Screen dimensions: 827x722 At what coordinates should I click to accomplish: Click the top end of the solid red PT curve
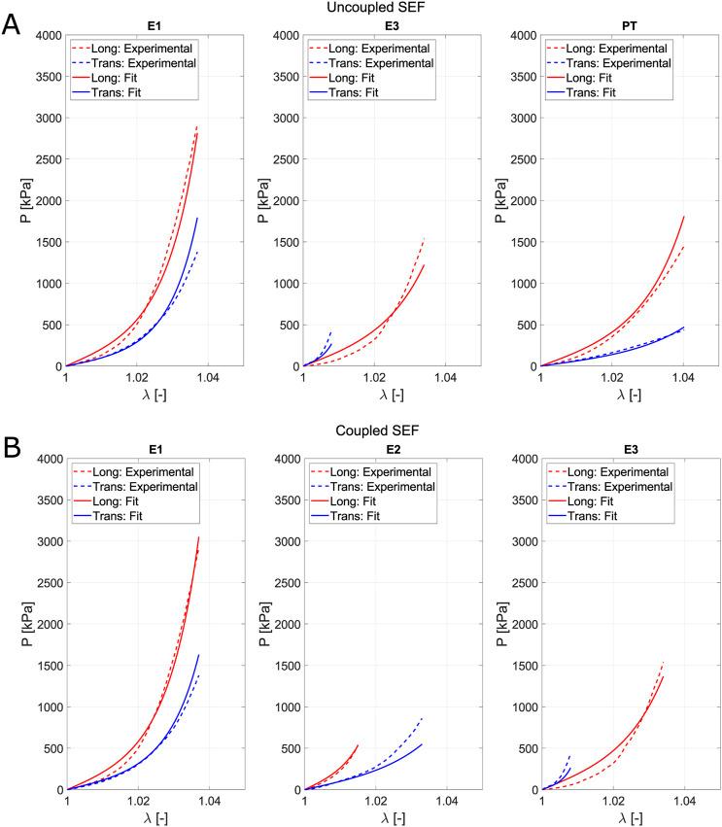(684, 217)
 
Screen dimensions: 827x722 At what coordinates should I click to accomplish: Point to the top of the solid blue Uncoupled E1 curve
(197, 218)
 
